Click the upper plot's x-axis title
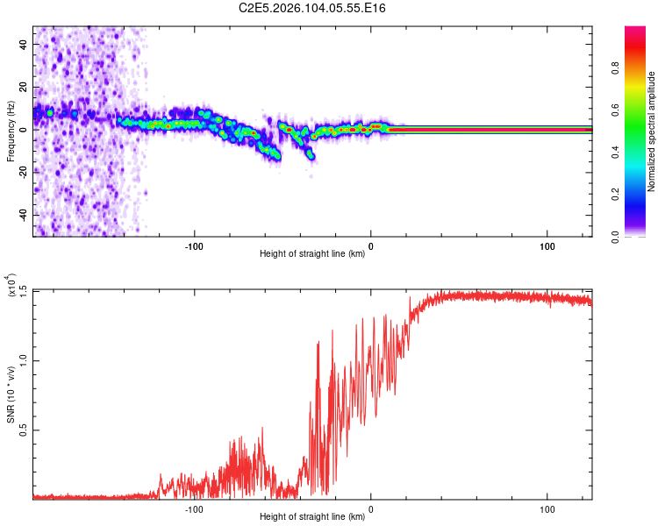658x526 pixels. tap(312, 253)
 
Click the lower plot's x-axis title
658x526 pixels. tap(312, 516)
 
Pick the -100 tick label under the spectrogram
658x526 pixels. tap(194, 245)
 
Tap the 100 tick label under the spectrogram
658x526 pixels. tap(547, 245)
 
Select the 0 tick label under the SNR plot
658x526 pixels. tap(370, 508)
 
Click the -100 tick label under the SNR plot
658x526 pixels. tap(194, 508)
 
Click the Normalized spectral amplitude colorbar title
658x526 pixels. tap(651, 131)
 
